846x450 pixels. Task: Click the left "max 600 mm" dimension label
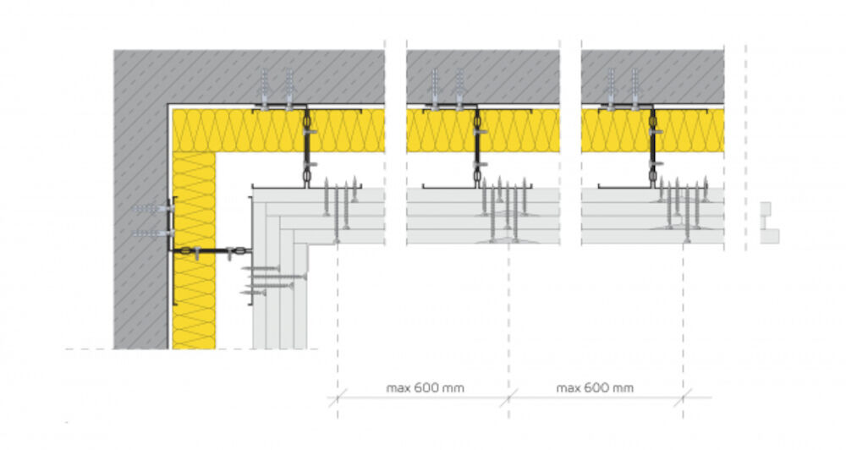point(426,388)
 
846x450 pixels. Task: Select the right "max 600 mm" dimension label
point(595,388)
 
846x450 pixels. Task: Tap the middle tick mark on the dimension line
point(508,398)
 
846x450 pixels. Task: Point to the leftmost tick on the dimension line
point(338,398)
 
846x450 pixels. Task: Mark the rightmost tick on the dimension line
point(683,398)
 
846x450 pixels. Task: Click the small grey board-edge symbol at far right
point(769,222)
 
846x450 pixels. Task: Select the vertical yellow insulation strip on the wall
point(194,250)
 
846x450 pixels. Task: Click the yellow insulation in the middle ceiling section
point(483,130)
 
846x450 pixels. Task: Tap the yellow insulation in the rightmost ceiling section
point(653,130)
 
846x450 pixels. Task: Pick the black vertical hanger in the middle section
point(477,147)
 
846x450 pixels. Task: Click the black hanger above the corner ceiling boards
point(306,147)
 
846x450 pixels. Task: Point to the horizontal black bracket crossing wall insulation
point(211,250)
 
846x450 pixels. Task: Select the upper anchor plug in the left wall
point(153,208)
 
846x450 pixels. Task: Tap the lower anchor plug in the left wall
point(153,233)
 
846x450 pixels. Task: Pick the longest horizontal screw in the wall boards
point(278,277)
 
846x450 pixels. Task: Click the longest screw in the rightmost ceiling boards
point(687,213)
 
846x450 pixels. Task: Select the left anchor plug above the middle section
point(435,89)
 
